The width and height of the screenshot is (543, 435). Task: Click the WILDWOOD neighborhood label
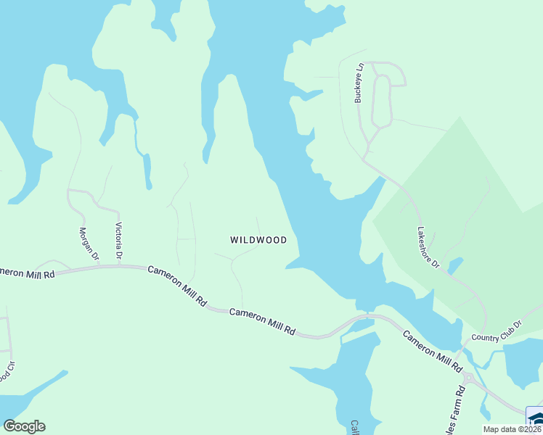coord(258,240)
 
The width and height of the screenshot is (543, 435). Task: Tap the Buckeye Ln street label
coord(358,82)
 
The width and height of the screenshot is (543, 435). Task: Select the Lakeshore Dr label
coord(428,248)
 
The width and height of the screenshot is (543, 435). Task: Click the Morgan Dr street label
coord(89,243)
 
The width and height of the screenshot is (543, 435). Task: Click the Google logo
coord(24,426)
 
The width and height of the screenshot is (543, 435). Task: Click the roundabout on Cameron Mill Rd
coord(468,378)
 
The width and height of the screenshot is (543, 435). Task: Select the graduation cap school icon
coord(536,419)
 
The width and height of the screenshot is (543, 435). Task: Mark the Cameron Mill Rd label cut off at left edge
coord(28,273)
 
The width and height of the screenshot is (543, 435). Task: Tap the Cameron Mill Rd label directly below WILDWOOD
coord(262,320)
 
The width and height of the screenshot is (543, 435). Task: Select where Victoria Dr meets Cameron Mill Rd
coord(120,266)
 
